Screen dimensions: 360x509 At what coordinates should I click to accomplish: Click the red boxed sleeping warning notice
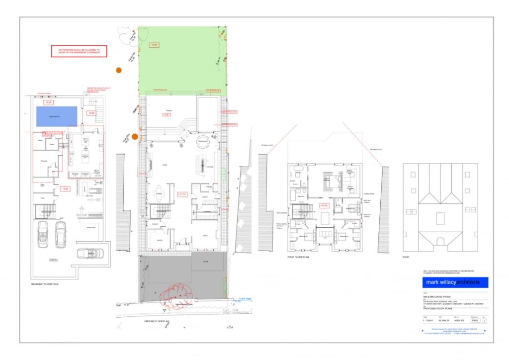[79, 51]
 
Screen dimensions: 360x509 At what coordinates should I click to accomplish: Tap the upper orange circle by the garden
[118, 70]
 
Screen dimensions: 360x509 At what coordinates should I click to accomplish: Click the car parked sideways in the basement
[91, 253]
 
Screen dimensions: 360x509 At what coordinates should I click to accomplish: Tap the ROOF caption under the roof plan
[407, 257]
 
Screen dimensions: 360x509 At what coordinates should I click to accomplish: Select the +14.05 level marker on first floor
[324, 205]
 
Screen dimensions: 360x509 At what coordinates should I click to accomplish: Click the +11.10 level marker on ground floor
[182, 194]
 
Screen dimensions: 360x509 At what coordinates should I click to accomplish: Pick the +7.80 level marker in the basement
[65, 189]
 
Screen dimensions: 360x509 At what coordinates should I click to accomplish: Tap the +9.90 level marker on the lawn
[155, 45]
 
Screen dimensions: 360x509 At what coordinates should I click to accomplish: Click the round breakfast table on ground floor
[203, 139]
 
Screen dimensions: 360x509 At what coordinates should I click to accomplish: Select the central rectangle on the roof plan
[440, 218]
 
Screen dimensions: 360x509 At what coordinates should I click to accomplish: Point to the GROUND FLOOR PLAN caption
[158, 322]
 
